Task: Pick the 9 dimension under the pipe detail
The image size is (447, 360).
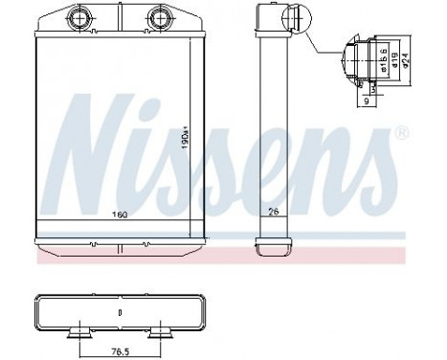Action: pos(368,100)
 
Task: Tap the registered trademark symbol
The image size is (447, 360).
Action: pos(401,130)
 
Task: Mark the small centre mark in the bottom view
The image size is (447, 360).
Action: pos(120,312)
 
